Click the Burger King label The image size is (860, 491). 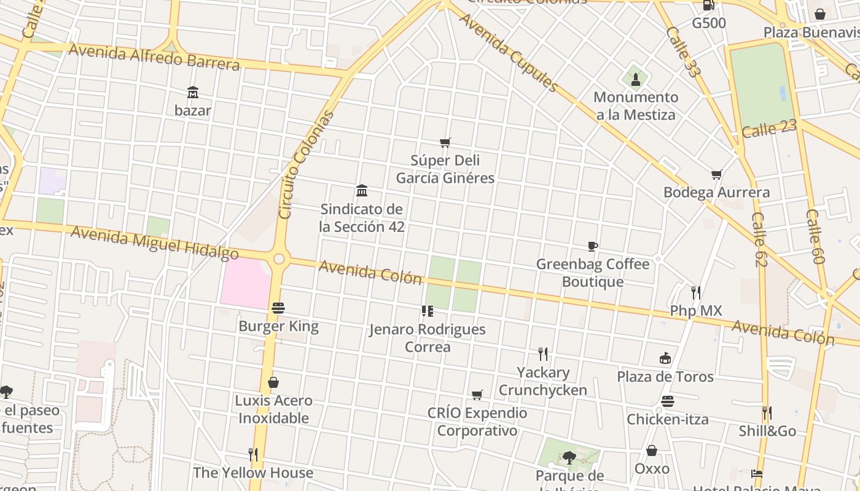pyautogui.click(x=278, y=326)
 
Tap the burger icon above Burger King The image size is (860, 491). pyautogui.click(x=278, y=308)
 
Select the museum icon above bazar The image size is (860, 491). pyautogui.click(x=193, y=93)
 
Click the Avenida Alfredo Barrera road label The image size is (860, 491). pyautogui.click(x=154, y=56)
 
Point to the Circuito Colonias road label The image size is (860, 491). pyautogui.click(x=305, y=164)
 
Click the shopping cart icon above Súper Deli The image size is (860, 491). pyautogui.click(x=445, y=143)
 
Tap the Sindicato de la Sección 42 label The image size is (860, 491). pyautogui.click(x=362, y=218)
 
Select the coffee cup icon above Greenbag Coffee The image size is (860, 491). pyautogui.click(x=592, y=247)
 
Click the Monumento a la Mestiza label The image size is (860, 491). pyautogui.click(x=635, y=106)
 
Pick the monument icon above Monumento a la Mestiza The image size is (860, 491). pyautogui.click(x=635, y=79)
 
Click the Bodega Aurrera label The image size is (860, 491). pyautogui.click(x=716, y=192)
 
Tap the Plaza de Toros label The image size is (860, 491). pyautogui.click(x=665, y=376)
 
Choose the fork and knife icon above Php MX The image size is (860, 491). pyautogui.click(x=695, y=293)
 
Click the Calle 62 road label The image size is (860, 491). pyautogui.click(x=759, y=239)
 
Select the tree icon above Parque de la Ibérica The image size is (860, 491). pyautogui.click(x=569, y=457)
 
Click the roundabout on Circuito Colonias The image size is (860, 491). pyautogui.click(x=279, y=259)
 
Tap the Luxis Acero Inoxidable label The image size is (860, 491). pyautogui.click(x=273, y=409)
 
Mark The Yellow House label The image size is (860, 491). pyautogui.click(x=253, y=473)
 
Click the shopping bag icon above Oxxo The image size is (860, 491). pyautogui.click(x=652, y=451)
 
